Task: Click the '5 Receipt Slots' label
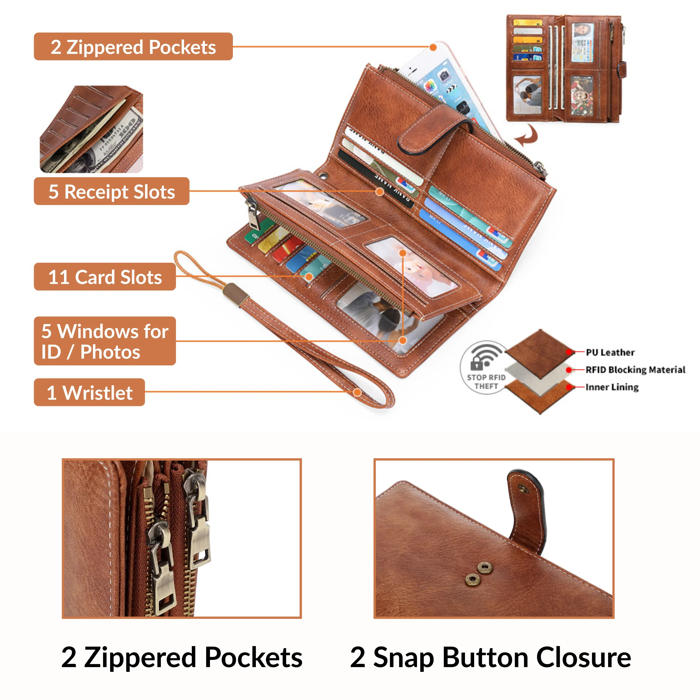[111, 191]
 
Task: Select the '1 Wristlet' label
[90, 392]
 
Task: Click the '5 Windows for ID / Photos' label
[105, 341]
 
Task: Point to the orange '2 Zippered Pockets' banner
[133, 47]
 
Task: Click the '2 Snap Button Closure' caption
[490, 657]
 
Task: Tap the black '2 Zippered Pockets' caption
[182, 657]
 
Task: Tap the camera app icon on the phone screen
[444, 76]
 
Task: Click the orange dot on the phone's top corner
[433, 47]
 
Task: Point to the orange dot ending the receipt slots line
[379, 191]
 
